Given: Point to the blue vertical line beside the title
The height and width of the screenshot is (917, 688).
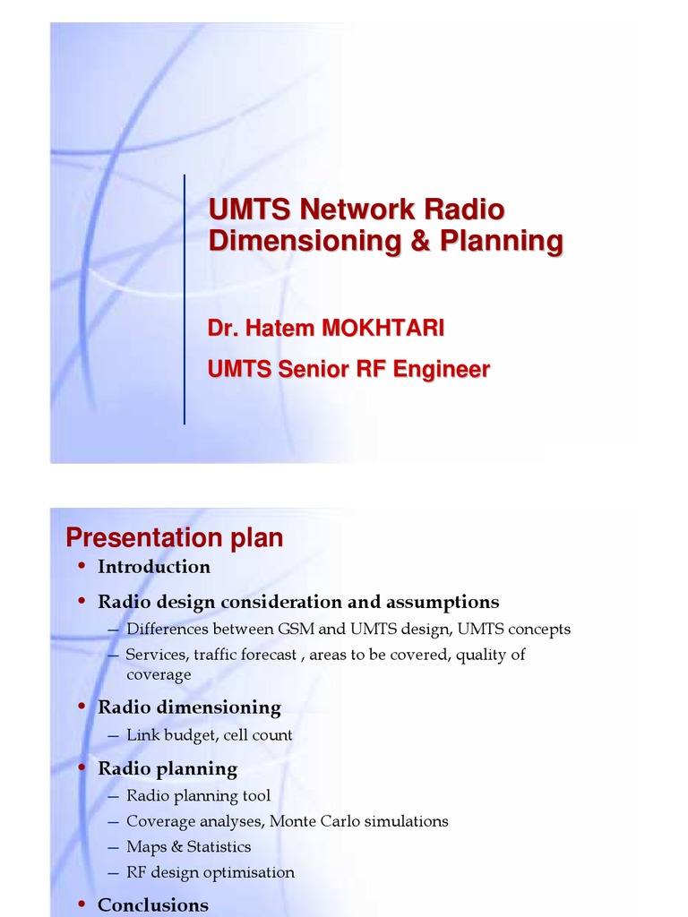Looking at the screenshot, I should (185, 299).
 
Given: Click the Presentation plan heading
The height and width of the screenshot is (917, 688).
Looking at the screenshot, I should (175, 538).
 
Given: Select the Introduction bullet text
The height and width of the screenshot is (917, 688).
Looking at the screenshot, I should (154, 567).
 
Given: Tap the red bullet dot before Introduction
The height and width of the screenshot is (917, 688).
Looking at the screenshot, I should (82, 566).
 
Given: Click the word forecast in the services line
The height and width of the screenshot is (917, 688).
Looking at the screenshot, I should (263, 655).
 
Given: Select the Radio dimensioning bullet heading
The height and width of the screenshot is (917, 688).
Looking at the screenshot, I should (189, 707).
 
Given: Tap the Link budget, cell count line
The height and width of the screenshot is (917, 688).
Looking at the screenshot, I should (209, 735).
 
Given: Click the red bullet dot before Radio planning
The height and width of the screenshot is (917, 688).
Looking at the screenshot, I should (82, 768).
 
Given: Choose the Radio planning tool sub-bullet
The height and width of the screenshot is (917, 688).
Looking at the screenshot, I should (198, 795).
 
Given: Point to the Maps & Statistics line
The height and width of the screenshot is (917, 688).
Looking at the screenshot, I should (188, 846).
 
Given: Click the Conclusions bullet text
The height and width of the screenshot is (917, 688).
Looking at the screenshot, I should (153, 905).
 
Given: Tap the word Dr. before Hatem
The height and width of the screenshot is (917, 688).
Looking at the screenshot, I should (220, 329).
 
